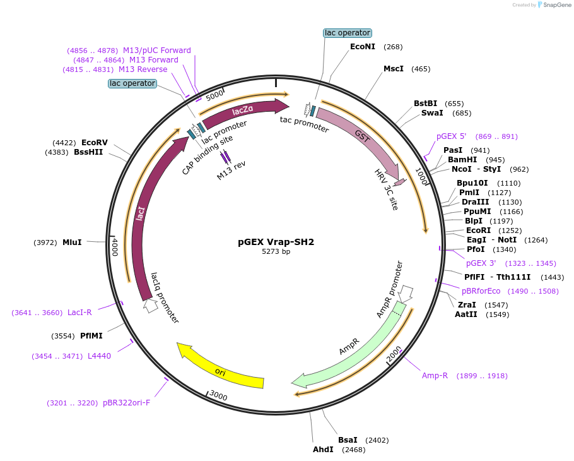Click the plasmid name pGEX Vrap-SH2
tap(276, 241)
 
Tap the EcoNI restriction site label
tap(363, 46)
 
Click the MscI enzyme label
tap(394, 69)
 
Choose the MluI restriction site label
tap(72, 242)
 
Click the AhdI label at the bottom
tap(324, 450)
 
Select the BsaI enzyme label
tap(348, 440)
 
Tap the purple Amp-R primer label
tap(435, 376)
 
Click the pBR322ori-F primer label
tap(126, 403)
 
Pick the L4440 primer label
tap(99, 356)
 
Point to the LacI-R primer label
tap(79, 313)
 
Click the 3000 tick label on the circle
tap(218, 396)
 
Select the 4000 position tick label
tap(115, 246)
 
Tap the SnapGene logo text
tap(556, 4)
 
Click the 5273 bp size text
tap(276, 251)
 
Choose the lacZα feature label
tap(243, 111)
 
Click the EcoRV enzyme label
tap(95, 143)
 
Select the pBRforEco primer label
tap(481, 291)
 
